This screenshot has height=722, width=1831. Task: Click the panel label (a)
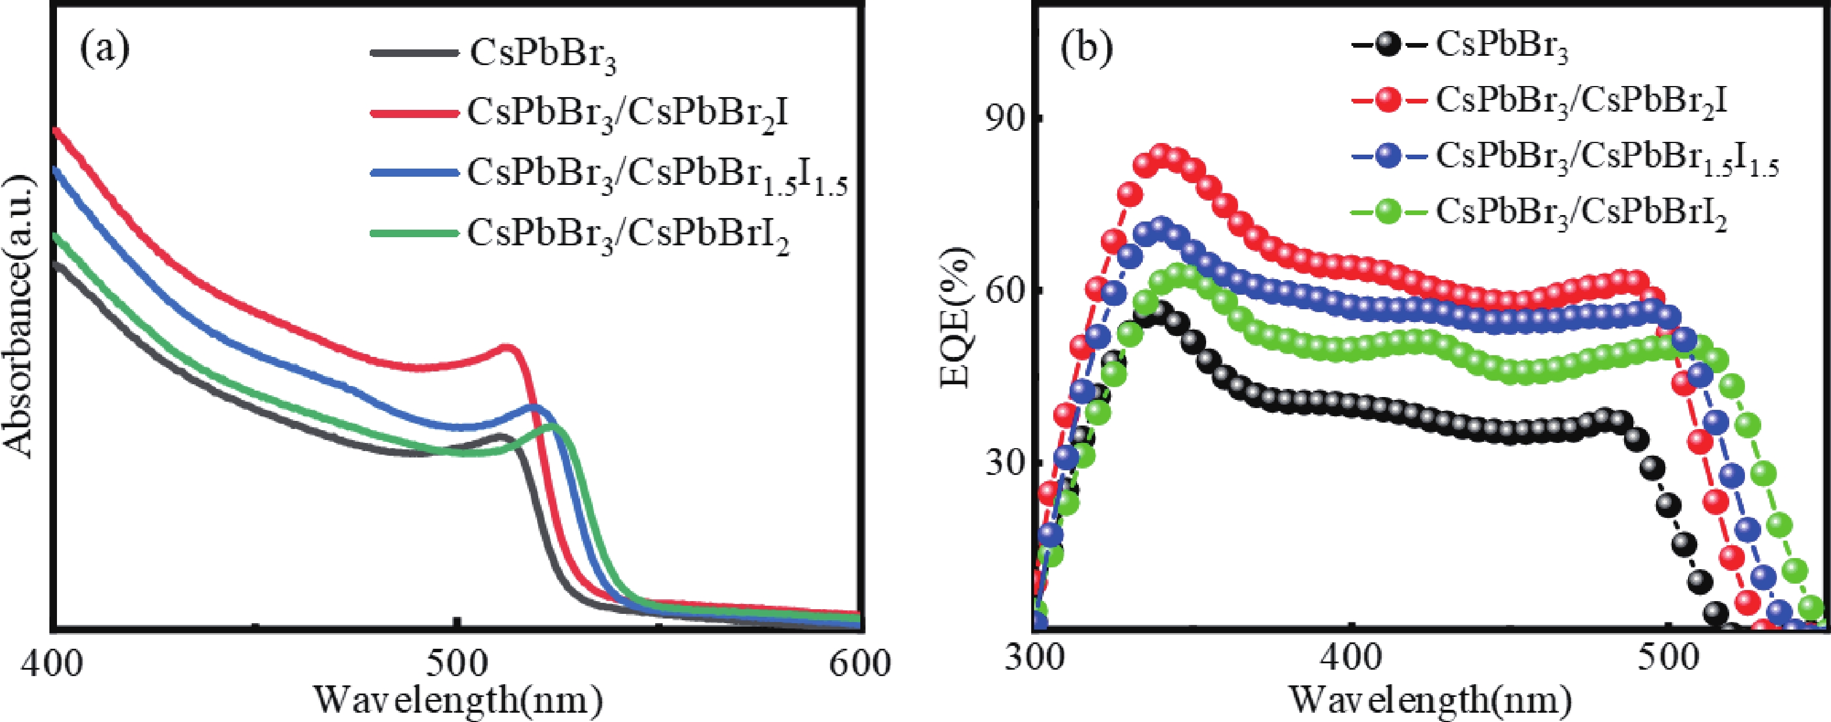coord(105,49)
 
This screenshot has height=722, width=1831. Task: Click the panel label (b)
coord(1086,49)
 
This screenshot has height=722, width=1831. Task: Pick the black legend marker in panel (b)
coord(1388,45)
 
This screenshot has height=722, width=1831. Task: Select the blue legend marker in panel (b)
coord(1388,155)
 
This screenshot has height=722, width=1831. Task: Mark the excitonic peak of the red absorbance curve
coord(507,348)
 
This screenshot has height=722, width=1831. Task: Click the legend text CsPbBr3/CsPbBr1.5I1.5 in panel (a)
coord(657,174)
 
